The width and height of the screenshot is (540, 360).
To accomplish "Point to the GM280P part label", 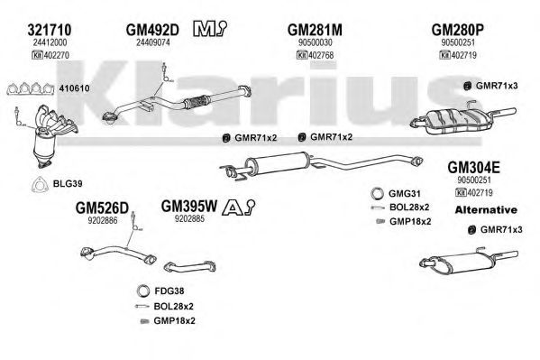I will [466, 31].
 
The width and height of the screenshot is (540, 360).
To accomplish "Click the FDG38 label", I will [170, 291].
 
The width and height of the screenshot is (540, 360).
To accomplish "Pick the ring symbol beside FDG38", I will [141, 291].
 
